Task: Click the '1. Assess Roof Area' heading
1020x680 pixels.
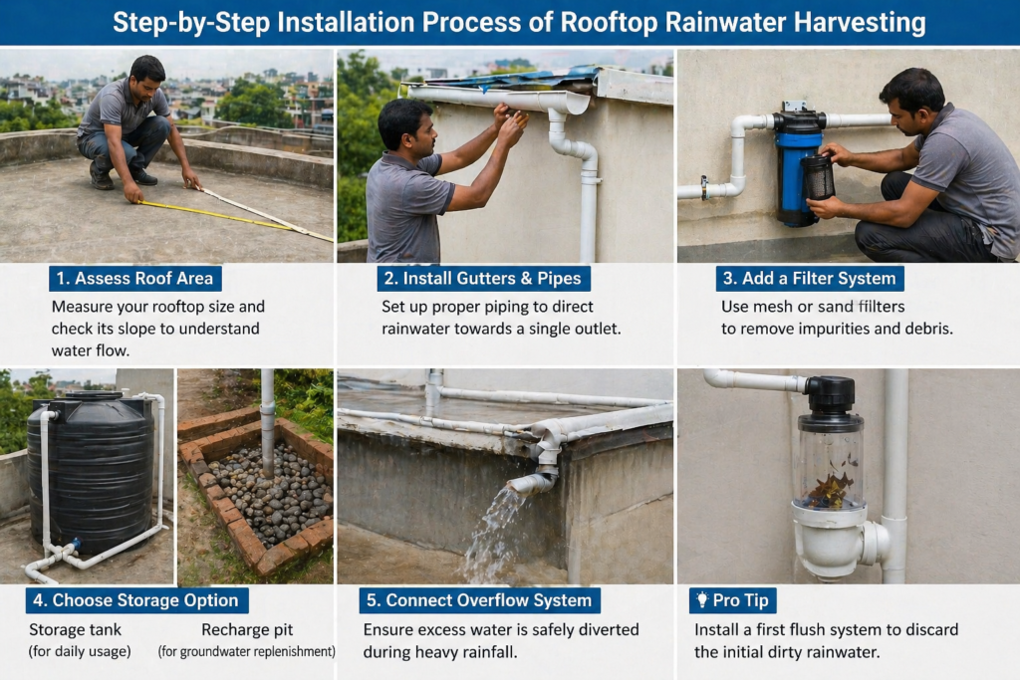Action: pyautogui.click(x=134, y=278)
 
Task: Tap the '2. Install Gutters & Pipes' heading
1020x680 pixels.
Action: pyautogui.click(x=483, y=278)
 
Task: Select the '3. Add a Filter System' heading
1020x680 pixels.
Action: pyautogui.click(x=810, y=278)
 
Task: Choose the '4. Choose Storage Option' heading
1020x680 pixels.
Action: pyautogui.click(x=136, y=600)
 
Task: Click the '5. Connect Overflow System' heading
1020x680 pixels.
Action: pyautogui.click(x=479, y=600)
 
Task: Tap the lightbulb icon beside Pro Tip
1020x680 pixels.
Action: pyautogui.click(x=702, y=599)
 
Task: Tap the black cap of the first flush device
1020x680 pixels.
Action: pyautogui.click(x=831, y=394)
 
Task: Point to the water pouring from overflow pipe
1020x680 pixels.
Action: pyautogui.click(x=491, y=533)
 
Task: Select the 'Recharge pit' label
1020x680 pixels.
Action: pyautogui.click(x=247, y=629)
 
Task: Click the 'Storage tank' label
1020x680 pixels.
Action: pyautogui.click(x=76, y=629)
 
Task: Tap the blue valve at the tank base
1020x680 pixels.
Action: pyautogui.click(x=76, y=544)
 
